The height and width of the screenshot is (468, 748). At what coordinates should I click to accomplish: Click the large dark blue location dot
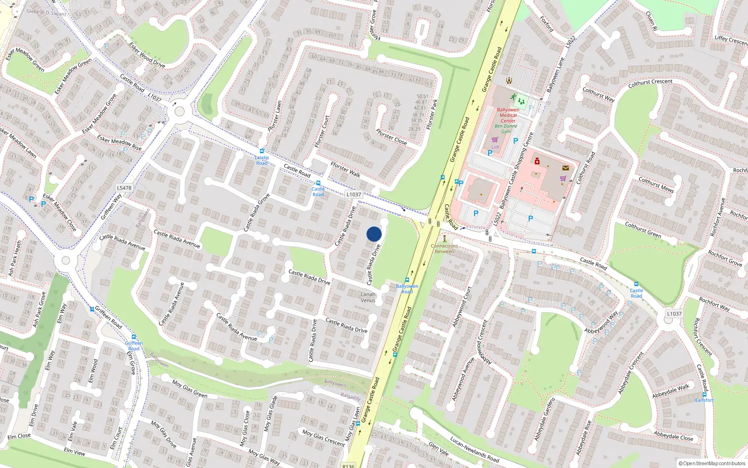point(374,234)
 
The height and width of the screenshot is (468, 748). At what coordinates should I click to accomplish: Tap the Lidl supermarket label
point(495,147)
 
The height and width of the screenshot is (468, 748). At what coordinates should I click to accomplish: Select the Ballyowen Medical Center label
point(508,115)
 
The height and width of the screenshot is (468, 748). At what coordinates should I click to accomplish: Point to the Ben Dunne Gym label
point(506,129)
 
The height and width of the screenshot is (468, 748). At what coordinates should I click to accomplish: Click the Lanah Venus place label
point(368,297)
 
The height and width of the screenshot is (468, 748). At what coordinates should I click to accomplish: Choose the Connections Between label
point(444,249)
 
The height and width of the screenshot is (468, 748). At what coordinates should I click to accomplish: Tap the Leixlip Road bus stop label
point(262,160)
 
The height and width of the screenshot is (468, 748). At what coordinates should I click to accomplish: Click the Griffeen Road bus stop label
point(134,346)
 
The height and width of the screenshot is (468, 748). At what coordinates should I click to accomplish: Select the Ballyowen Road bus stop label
point(407,289)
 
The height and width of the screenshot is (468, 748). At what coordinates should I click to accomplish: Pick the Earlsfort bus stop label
point(704,400)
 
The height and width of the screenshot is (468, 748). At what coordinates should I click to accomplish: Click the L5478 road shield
point(124,188)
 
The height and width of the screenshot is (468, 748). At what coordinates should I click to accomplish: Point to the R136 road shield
point(348,466)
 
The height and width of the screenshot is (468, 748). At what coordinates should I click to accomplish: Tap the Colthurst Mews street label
point(656,185)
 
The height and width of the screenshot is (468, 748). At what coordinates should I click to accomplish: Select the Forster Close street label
point(391,137)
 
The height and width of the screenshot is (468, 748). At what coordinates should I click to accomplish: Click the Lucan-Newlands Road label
point(475,449)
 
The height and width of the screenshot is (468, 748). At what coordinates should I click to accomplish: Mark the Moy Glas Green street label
point(189,389)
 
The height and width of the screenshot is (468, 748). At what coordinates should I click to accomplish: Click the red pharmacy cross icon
point(537,161)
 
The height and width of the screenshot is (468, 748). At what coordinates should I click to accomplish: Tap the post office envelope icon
point(566,168)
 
